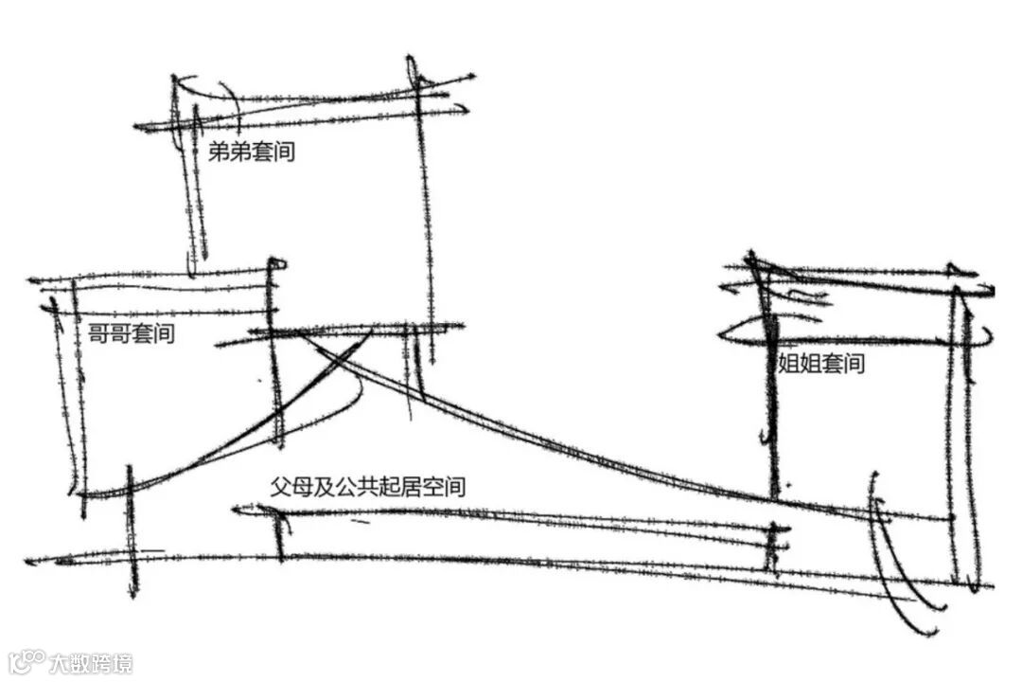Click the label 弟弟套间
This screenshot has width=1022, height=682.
251,152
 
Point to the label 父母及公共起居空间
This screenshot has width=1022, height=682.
367,488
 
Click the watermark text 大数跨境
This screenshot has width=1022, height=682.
91,662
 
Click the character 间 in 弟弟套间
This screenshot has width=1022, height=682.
283,152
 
